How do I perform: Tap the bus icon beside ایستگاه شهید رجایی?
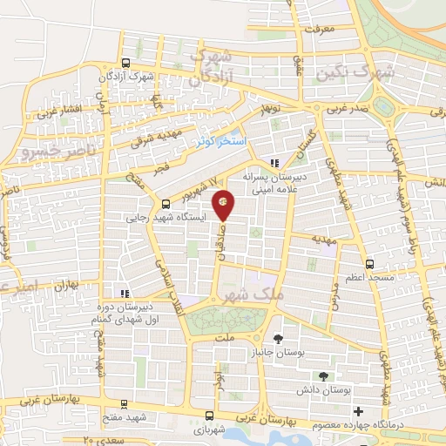[166, 204]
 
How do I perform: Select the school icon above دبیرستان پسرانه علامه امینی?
[274, 162]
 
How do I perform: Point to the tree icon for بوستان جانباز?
[278, 339]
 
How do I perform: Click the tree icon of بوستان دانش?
[324, 376]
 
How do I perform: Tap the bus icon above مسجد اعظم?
[370, 262]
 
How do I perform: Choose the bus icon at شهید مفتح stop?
[125, 403]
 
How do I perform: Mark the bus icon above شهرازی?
[208, 415]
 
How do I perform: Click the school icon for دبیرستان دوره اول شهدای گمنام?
[125, 294]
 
